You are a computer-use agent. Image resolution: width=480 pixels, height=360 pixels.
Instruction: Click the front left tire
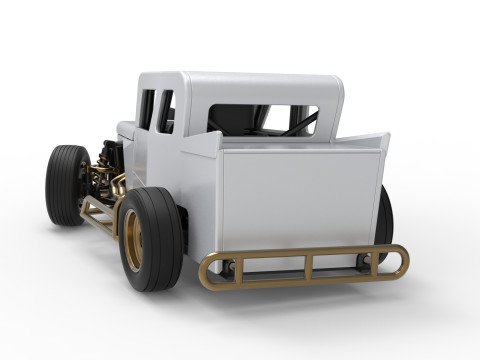66,184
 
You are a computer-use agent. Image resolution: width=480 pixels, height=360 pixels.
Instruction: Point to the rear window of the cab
262,120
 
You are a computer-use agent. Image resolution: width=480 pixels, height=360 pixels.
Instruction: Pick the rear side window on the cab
166,112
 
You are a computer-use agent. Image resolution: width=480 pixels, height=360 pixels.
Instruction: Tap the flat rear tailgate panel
300,200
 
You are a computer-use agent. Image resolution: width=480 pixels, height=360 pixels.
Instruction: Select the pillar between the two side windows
157,110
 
